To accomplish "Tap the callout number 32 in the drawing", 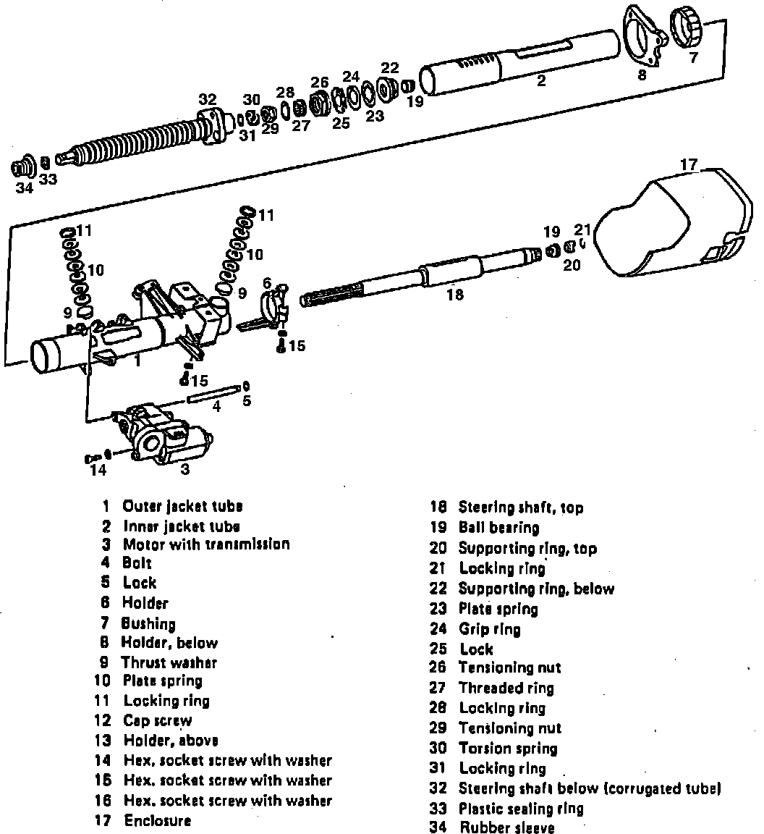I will click(208, 99).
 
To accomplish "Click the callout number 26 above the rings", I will click(320, 82).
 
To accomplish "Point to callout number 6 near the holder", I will click(267, 282).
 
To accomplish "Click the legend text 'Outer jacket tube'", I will click(182, 506).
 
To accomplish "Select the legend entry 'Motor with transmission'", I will click(205, 544).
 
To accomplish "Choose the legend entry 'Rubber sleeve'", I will click(506, 827).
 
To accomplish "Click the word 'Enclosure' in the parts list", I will click(158, 821).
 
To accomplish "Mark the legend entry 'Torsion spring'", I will click(508, 748).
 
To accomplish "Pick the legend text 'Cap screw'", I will click(158, 720).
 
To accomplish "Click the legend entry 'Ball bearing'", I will click(498, 528).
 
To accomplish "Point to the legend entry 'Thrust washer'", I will click(169, 662).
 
